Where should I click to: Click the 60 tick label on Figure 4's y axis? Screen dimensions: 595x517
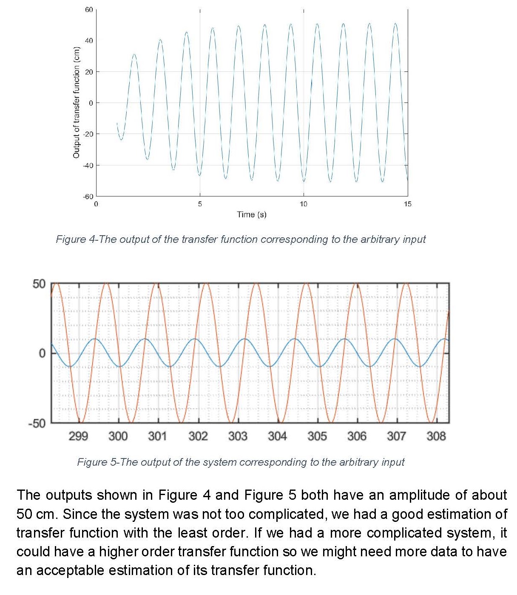[88, 9]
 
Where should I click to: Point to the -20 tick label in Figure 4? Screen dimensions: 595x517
[88, 134]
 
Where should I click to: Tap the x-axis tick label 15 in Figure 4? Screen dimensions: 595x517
[407, 204]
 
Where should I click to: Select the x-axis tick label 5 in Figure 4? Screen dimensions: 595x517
[200, 204]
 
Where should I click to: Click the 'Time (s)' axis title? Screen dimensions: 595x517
[252, 214]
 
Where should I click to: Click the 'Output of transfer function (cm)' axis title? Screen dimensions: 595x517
[77, 102]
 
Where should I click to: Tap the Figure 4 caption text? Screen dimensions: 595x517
[241, 239]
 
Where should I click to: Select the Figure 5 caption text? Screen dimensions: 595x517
[241, 462]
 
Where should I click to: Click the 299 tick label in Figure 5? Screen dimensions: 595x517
[78, 436]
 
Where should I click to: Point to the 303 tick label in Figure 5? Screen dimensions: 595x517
[238, 436]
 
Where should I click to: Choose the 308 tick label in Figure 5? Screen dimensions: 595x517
[436, 436]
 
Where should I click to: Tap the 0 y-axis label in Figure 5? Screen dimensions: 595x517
[42, 353]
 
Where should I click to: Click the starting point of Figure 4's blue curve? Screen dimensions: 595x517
[117, 123]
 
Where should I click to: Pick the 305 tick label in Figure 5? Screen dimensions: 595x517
[317, 436]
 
